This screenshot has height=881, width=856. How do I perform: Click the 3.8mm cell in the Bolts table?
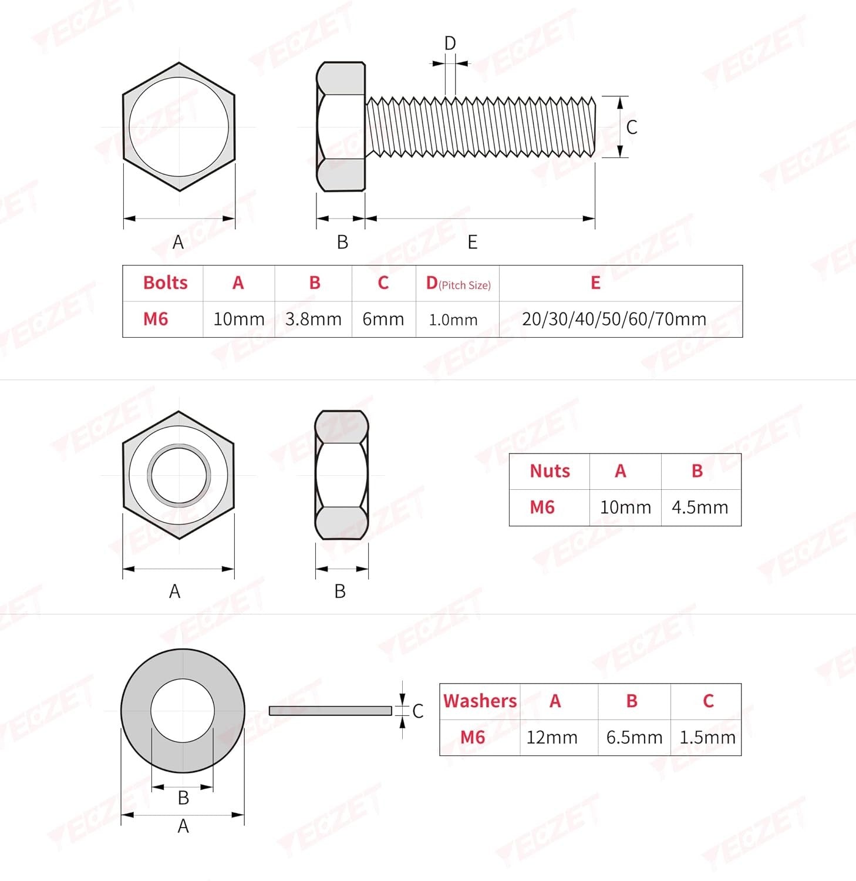click(x=314, y=319)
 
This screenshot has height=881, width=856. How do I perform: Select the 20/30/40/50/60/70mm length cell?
click(x=614, y=319)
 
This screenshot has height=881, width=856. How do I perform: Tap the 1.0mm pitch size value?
click(x=453, y=320)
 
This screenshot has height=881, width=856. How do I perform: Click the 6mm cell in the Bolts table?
click(x=383, y=319)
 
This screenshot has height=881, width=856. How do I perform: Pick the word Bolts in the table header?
click(x=165, y=283)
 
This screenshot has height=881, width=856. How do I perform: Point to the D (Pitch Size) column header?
click(x=458, y=284)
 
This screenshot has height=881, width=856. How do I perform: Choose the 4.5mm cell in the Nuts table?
click(x=700, y=507)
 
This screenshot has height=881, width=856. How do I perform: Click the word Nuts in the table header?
click(x=550, y=471)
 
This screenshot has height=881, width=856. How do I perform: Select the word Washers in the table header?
click(x=480, y=701)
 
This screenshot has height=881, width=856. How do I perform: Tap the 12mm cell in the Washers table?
click(x=552, y=737)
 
